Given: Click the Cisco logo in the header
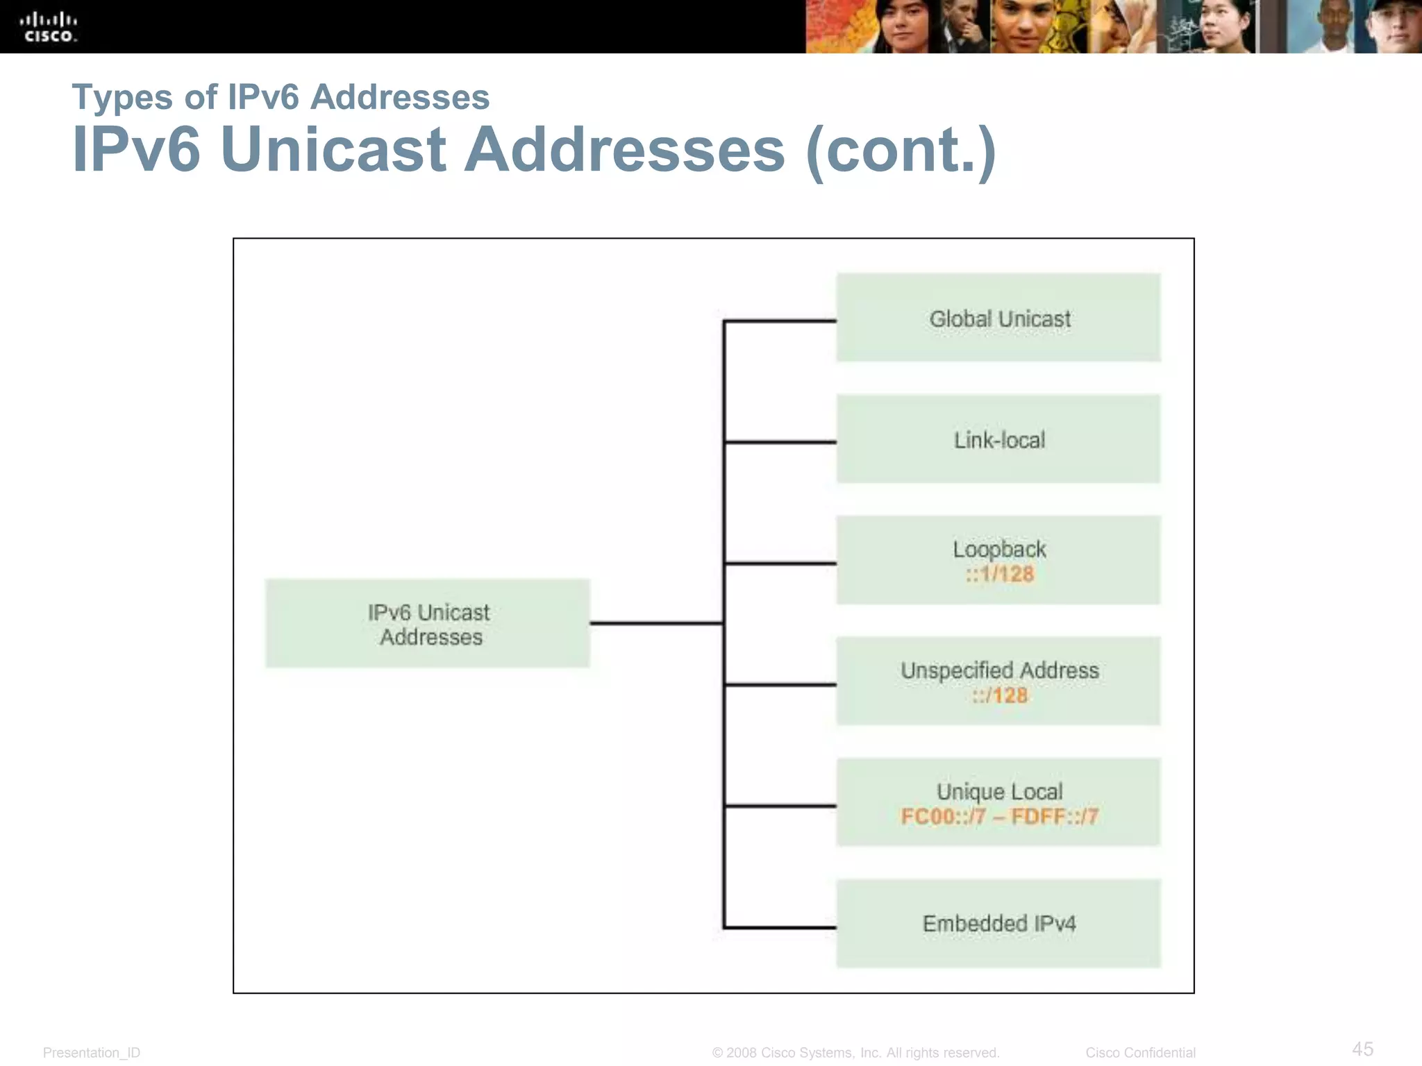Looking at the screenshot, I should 48,27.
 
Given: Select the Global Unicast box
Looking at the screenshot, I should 998,318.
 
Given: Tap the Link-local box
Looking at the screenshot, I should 998,439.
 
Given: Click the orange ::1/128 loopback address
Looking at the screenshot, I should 999,574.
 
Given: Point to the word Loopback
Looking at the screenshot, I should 999,549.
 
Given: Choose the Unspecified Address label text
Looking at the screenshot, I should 999,670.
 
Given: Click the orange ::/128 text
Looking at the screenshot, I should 999,695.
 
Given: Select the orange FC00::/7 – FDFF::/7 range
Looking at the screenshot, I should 999,816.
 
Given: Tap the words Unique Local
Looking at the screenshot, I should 999,791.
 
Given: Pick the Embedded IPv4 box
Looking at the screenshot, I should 998,924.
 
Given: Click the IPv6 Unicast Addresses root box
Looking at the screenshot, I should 428,624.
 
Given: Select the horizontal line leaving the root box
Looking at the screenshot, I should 656,623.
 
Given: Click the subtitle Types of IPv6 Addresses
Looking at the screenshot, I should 281,97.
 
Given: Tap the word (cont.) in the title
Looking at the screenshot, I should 901,150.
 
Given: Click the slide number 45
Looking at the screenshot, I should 1362,1049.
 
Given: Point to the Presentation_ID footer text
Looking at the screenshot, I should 92,1053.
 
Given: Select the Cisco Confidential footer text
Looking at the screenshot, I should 1140,1053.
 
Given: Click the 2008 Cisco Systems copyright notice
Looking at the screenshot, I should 855,1053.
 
